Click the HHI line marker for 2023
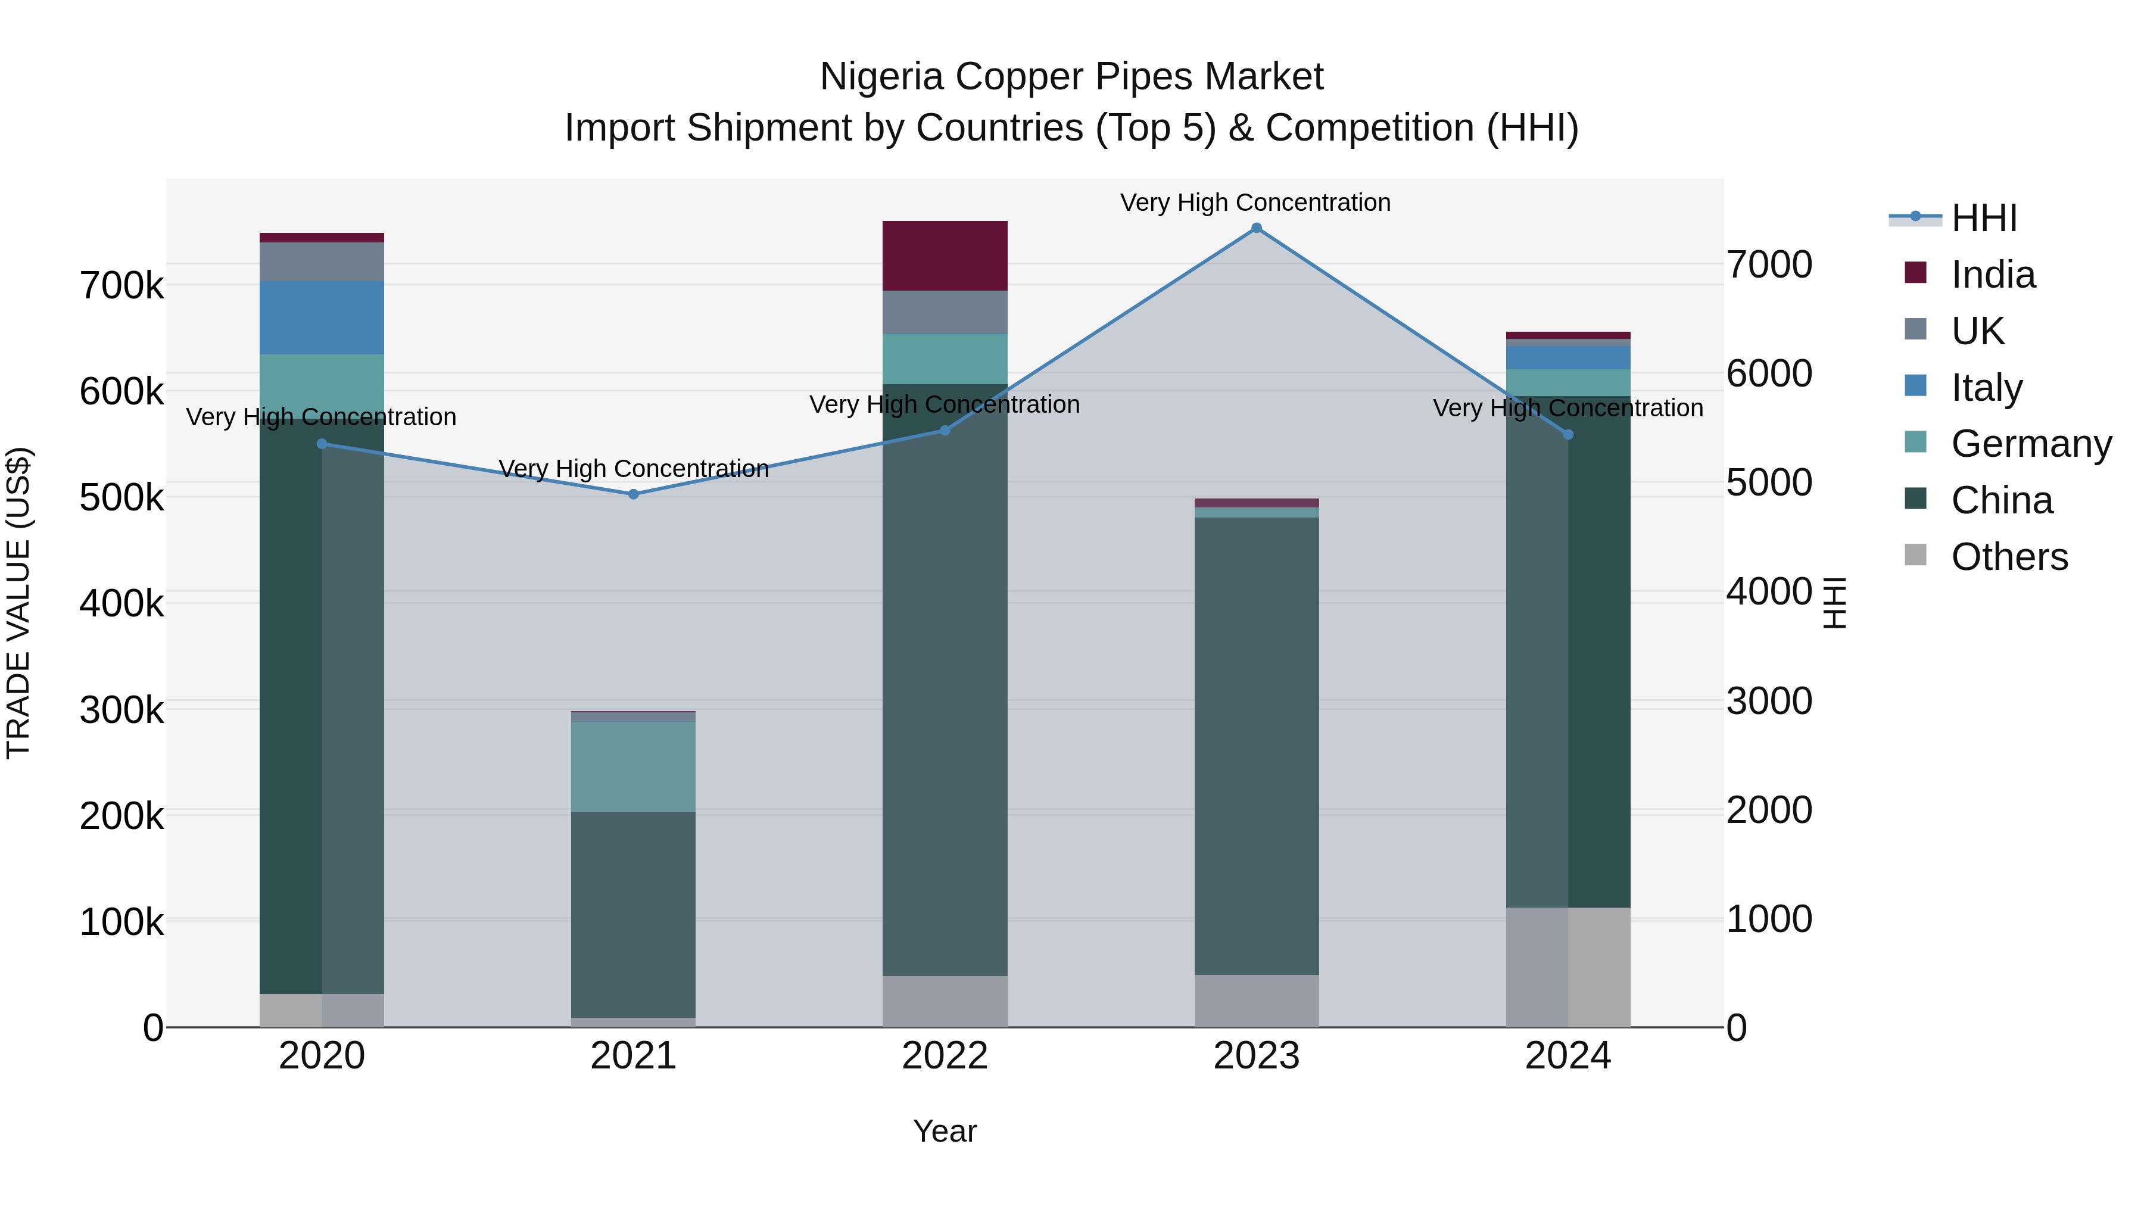pos(1257,228)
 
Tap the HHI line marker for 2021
pos(634,494)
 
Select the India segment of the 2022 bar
pos(945,255)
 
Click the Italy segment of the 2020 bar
pos(322,318)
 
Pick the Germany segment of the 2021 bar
pos(634,766)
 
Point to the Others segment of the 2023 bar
pos(1257,1001)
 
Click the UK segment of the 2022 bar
pos(945,313)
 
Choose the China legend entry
pos(2002,500)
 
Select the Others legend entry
pos(2009,557)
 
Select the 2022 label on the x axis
pos(945,1056)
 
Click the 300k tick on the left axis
pos(121,710)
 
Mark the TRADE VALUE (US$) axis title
pos(18,603)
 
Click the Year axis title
pos(945,1131)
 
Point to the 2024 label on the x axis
pos(1568,1056)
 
